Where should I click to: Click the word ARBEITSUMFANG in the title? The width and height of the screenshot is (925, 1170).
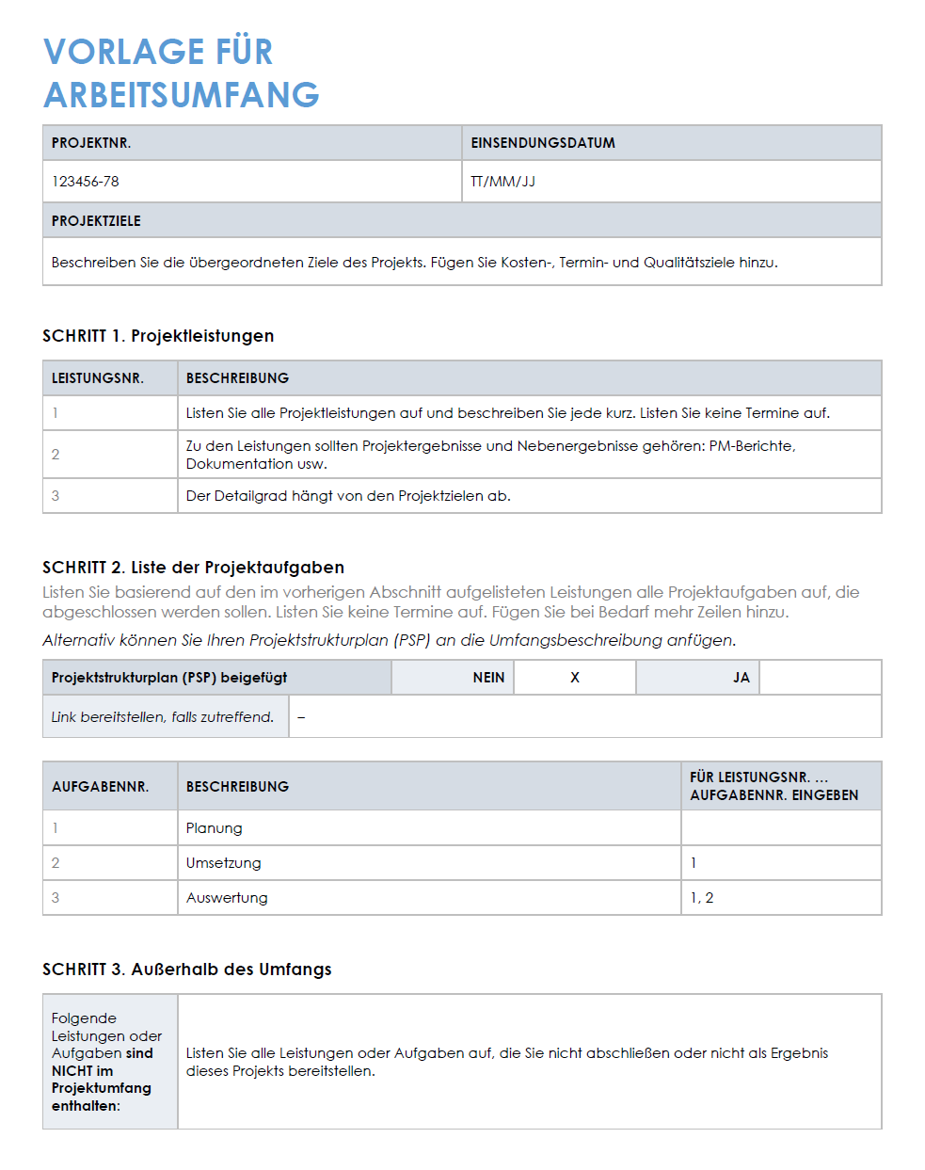click(182, 95)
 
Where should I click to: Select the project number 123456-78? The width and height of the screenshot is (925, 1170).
click(86, 182)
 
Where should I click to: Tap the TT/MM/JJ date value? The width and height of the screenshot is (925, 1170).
click(502, 182)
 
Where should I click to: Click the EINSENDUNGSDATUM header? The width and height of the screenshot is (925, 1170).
click(543, 143)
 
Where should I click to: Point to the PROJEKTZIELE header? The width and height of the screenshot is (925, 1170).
click(96, 221)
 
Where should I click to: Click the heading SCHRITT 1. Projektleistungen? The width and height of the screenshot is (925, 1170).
click(158, 336)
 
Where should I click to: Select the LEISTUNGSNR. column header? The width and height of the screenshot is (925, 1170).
click(98, 378)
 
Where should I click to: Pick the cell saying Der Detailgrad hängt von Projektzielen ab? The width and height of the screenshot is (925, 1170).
click(348, 496)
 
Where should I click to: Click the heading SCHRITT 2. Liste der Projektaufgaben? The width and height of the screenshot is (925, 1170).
click(193, 568)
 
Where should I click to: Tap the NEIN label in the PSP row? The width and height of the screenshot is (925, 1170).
click(488, 678)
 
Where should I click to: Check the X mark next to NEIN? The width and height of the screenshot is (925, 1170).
click(575, 678)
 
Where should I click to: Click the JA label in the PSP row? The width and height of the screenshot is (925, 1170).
click(741, 678)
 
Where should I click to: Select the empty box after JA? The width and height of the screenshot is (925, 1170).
click(820, 678)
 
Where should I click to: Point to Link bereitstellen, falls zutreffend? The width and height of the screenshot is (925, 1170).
click(163, 717)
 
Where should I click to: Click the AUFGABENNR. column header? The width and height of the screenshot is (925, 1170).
click(101, 787)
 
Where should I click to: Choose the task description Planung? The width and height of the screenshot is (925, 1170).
click(215, 828)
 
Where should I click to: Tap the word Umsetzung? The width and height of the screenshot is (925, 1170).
click(224, 863)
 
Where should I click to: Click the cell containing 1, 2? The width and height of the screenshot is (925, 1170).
click(702, 898)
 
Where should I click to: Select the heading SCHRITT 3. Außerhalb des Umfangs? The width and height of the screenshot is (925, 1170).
click(187, 970)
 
